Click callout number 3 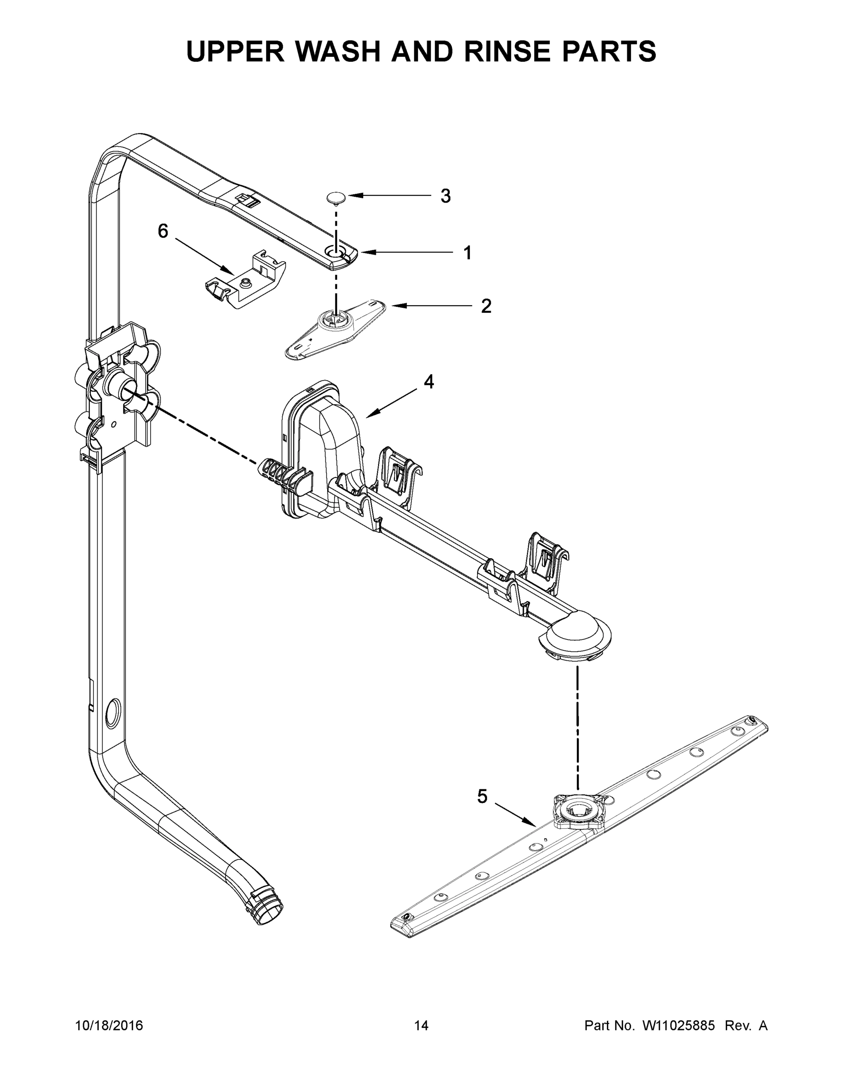[x=445, y=196]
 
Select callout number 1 [x=468, y=253]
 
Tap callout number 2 [x=486, y=306]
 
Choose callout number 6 [x=163, y=231]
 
